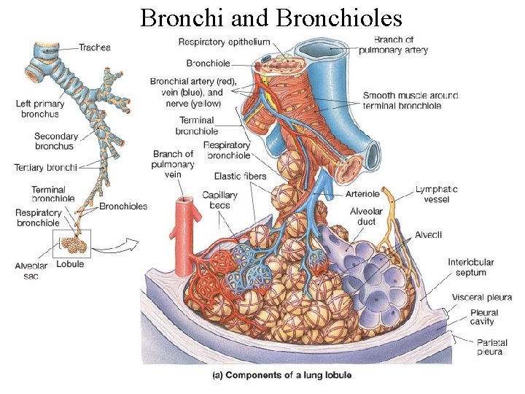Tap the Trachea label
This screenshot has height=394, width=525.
pos(95,47)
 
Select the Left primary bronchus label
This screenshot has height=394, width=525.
pos(40,109)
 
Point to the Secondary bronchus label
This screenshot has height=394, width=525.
pos(55,141)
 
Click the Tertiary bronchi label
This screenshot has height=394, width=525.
pos(45,168)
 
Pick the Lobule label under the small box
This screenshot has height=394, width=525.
pos(71,264)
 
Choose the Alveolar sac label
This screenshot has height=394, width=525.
pos(31,271)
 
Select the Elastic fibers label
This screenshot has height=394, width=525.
pos(240,176)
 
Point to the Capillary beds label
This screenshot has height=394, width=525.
pos(216,200)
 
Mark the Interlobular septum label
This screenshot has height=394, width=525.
pos(472,268)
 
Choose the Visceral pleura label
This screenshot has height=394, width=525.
pos(481,298)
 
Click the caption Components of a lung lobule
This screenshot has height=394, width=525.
pos(281,375)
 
